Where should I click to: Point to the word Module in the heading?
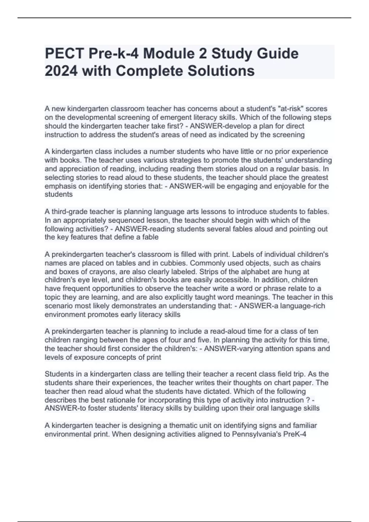tap(169, 54)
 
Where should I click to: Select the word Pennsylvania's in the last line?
tap(255, 434)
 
